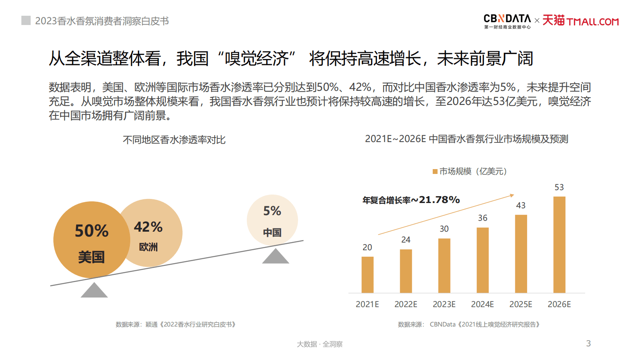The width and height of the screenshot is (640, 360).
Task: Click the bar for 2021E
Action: pyautogui.click(x=367, y=274)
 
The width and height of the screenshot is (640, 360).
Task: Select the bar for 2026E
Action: pyautogui.click(x=559, y=245)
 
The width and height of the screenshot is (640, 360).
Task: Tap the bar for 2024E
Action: pyautogui.click(x=483, y=260)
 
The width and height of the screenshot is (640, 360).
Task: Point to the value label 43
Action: pyautogui.click(x=521, y=205)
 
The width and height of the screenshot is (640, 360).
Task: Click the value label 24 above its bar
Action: pyautogui.click(x=406, y=240)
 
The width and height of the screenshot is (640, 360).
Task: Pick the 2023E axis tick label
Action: pyautogui.click(x=444, y=304)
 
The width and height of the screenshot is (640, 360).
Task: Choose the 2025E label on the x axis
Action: pyautogui.click(x=521, y=304)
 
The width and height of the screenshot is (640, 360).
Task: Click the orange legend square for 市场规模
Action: pyautogui.click(x=435, y=172)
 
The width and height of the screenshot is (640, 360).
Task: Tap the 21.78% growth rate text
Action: pyautogui.click(x=439, y=200)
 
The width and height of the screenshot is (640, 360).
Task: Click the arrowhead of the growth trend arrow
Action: pyautogui.click(x=512, y=196)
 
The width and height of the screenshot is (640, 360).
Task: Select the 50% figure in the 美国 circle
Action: pyautogui.click(x=92, y=231)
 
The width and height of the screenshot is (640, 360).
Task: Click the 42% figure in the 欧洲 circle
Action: pyautogui.click(x=148, y=227)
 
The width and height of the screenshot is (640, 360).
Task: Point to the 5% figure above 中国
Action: pyautogui.click(x=272, y=211)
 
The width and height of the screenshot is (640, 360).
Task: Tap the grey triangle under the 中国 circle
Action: pyautogui.click(x=275, y=257)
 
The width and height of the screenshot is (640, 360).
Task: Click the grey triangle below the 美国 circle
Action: pyautogui.click(x=94, y=291)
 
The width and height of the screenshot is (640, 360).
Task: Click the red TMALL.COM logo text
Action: pyautogui.click(x=592, y=21)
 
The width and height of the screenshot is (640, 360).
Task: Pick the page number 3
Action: pyautogui.click(x=588, y=343)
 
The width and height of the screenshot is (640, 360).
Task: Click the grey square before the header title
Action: pyautogui.click(x=26, y=21)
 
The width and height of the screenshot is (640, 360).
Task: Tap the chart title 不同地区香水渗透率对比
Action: pyautogui.click(x=174, y=140)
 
